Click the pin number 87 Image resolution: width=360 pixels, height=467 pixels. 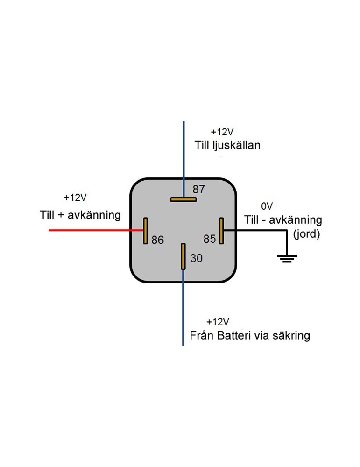pyautogui.click(x=199, y=189)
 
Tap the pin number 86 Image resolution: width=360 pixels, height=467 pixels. pyautogui.click(x=158, y=240)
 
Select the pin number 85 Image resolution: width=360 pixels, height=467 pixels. pyautogui.click(x=210, y=239)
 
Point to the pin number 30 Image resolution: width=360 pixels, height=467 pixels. pyautogui.click(x=197, y=258)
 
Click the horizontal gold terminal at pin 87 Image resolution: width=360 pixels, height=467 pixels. pyautogui.click(x=183, y=199)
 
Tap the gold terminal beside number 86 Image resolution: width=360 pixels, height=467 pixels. pyautogui.click(x=146, y=231)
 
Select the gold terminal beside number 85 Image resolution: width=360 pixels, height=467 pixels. pyautogui.click(x=222, y=231)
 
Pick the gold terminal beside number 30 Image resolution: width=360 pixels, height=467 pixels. pyautogui.click(x=184, y=256)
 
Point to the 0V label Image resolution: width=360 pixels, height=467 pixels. pyautogui.click(x=267, y=205)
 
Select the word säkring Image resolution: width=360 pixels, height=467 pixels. pyautogui.click(x=292, y=336)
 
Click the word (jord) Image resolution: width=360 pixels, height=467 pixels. pyautogui.click(x=306, y=234)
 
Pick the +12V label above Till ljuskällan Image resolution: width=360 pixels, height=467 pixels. pyautogui.click(x=222, y=132)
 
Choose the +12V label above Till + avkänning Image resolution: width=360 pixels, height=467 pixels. pyautogui.click(x=75, y=198)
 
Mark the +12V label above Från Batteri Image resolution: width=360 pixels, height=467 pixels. pyautogui.click(x=218, y=322)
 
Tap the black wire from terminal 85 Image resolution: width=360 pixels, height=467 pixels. pyautogui.click(x=261, y=230)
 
